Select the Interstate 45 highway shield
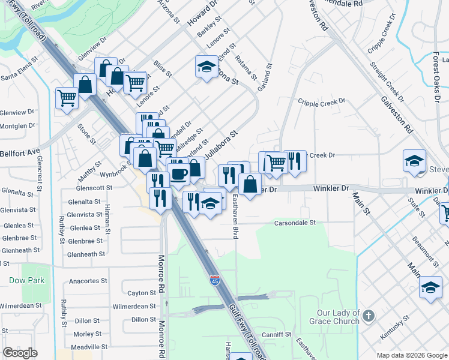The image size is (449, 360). pyautogui.click(x=214, y=280)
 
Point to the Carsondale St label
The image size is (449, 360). pyautogui.click(x=295, y=223)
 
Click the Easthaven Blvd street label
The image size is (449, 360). pyautogui.click(x=237, y=217)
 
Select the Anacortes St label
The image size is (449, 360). pyautogui.click(x=88, y=280)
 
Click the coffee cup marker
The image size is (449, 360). pyautogui.click(x=178, y=175)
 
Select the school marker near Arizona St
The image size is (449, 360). pyautogui.click(x=206, y=67)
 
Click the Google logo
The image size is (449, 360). pyautogui.click(x=20, y=353)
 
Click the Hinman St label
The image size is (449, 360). pyautogui.click(x=107, y=219)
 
